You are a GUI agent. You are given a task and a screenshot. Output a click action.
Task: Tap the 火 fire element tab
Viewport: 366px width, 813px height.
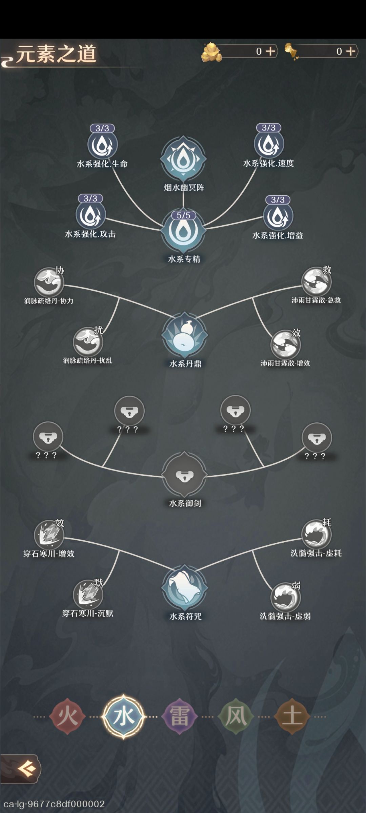pyautogui.click(x=67, y=717)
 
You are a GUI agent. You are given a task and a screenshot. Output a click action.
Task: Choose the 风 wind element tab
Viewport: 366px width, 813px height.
pyautogui.click(x=236, y=717)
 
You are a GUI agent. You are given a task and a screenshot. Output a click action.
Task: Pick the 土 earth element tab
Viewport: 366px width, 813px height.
pyautogui.click(x=292, y=717)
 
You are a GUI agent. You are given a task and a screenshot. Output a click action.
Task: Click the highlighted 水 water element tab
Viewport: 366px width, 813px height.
pyautogui.click(x=124, y=716)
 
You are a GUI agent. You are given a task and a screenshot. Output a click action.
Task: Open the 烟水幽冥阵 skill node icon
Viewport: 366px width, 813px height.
pyautogui.click(x=183, y=159)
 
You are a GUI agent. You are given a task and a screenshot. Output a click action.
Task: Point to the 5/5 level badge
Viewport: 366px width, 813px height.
pyautogui.click(x=183, y=215)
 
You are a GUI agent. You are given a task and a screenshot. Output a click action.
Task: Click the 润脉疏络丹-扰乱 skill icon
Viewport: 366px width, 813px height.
pyautogui.click(x=88, y=342)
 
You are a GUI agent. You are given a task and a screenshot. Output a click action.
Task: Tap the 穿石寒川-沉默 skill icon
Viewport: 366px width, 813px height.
pyautogui.click(x=88, y=595)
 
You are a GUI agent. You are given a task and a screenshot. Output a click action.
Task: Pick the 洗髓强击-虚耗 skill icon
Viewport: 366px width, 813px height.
pyautogui.click(x=317, y=535)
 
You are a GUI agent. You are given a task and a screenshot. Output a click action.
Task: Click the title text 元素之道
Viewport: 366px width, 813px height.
pyautogui.click(x=56, y=54)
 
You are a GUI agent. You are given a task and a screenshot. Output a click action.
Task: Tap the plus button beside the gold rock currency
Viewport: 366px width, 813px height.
pyautogui.click(x=270, y=51)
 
